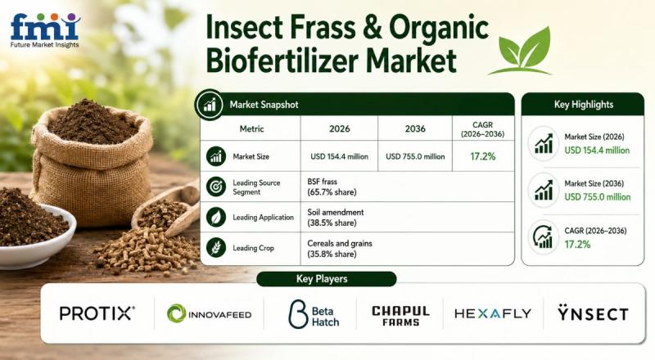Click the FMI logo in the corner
(x=45, y=30)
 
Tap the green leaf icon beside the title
(x=522, y=52)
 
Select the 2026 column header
(x=339, y=128)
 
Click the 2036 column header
(x=415, y=128)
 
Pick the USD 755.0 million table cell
(x=415, y=156)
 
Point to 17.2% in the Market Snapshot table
(x=483, y=156)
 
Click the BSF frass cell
(x=332, y=187)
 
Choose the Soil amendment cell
(x=336, y=217)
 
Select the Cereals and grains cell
(x=340, y=249)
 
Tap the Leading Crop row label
(x=253, y=248)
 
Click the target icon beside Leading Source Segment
(x=216, y=187)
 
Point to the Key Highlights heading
(x=584, y=105)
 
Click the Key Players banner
(x=326, y=279)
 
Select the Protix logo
(x=97, y=313)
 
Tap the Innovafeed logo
(x=210, y=313)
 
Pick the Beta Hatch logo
(x=314, y=314)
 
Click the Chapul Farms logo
(x=400, y=316)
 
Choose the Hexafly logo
(x=493, y=313)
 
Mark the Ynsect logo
(x=593, y=313)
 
